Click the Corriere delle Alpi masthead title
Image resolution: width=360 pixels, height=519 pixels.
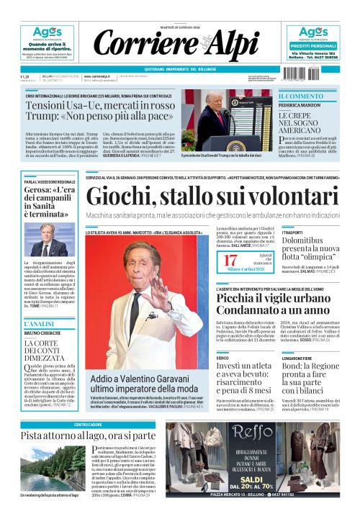tap(179, 44)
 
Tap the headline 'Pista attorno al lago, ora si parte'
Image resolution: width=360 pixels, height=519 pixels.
tap(88, 435)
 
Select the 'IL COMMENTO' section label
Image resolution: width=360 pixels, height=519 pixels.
tap(301, 96)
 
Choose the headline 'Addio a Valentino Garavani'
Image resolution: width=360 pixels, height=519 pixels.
tap(136, 383)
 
